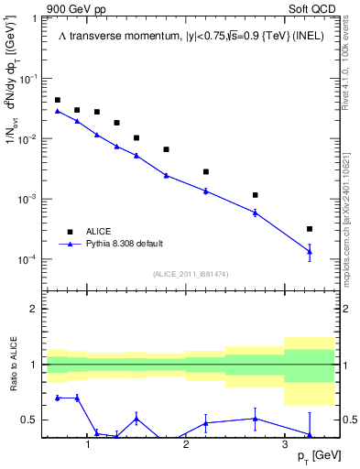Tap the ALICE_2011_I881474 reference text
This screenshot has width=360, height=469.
point(190,273)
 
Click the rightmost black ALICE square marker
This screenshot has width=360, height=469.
point(310,229)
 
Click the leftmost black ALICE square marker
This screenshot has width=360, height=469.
point(58,100)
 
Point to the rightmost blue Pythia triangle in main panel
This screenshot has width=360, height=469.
point(310,252)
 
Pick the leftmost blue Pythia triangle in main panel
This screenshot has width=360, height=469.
point(58,111)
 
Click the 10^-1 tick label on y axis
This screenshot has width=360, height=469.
point(31,80)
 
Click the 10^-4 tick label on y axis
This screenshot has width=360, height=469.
point(31,259)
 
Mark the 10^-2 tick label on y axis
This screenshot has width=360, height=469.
point(31,139)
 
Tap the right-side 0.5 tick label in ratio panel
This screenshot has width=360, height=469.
point(347,420)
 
